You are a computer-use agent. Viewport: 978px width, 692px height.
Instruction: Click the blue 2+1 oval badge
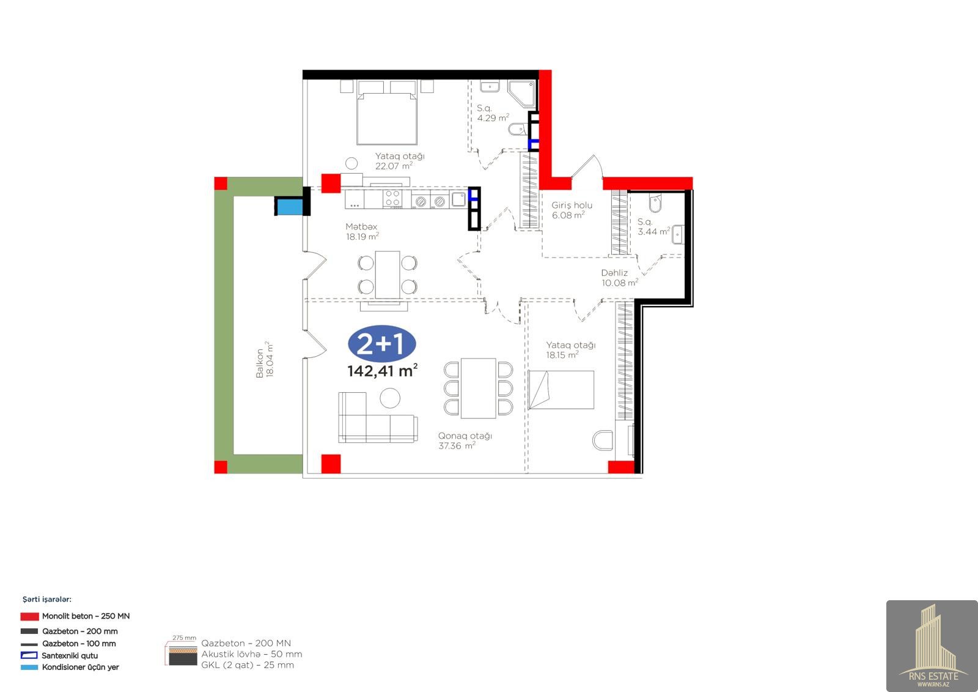click(381, 344)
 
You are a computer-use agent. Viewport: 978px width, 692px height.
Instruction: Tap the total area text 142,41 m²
click(382, 370)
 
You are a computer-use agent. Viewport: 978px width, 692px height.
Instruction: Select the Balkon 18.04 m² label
click(265, 359)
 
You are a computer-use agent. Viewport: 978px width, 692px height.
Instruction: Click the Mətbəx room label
click(361, 226)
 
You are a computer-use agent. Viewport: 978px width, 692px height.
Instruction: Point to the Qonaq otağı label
click(465, 436)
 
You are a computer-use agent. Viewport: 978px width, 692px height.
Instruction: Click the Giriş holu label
click(572, 205)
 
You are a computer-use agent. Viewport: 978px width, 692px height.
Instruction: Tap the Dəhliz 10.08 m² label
click(619, 278)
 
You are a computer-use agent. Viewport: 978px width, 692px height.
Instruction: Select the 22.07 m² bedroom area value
click(394, 166)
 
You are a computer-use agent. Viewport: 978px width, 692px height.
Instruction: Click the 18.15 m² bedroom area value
click(562, 355)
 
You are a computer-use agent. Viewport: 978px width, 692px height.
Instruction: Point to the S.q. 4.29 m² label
click(493, 113)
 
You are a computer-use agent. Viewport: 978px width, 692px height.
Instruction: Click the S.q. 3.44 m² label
click(653, 226)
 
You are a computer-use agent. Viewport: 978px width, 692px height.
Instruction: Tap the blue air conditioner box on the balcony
click(290, 206)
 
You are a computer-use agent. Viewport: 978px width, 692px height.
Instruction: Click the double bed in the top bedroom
click(387, 113)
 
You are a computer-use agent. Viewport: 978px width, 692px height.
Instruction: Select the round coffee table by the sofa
click(390, 398)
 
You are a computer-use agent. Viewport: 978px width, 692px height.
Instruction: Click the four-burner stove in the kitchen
click(392, 198)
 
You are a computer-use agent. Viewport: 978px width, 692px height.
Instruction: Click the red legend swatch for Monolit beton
click(30, 616)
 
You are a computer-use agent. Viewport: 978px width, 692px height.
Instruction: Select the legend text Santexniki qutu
click(70, 655)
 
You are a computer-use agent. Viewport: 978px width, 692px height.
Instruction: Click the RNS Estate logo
click(932, 645)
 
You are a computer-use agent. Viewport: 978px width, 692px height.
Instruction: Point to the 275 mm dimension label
click(184, 638)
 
